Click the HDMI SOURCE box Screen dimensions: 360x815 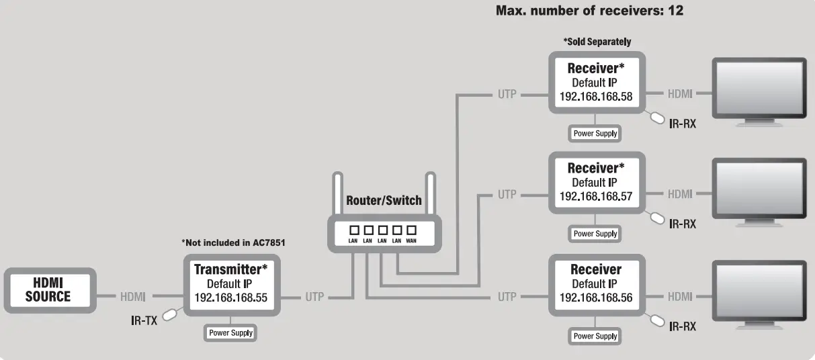tap(48, 290)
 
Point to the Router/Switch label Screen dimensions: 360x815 tap(384, 200)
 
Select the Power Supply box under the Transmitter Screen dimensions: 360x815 tap(230, 332)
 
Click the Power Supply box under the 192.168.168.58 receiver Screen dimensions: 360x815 tap(595, 134)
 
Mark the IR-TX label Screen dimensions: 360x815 tap(144, 320)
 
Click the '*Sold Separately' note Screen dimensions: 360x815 tap(597, 42)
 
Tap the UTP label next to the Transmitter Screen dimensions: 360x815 tap(314, 296)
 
